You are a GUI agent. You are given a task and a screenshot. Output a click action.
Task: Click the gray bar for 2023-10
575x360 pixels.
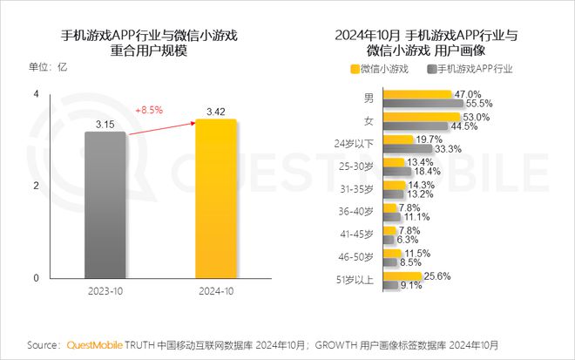click(x=105, y=206)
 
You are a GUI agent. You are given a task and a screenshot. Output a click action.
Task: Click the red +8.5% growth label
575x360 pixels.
click(x=151, y=110)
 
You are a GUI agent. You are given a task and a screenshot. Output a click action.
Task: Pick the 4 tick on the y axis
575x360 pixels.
click(x=36, y=93)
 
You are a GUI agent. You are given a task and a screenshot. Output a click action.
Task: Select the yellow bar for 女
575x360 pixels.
click(x=423, y=117)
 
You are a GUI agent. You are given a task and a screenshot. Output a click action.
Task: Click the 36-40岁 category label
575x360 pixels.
click(x=357, y=212)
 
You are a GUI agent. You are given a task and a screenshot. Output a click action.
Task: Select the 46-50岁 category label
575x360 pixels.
click(x=357, y=257)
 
